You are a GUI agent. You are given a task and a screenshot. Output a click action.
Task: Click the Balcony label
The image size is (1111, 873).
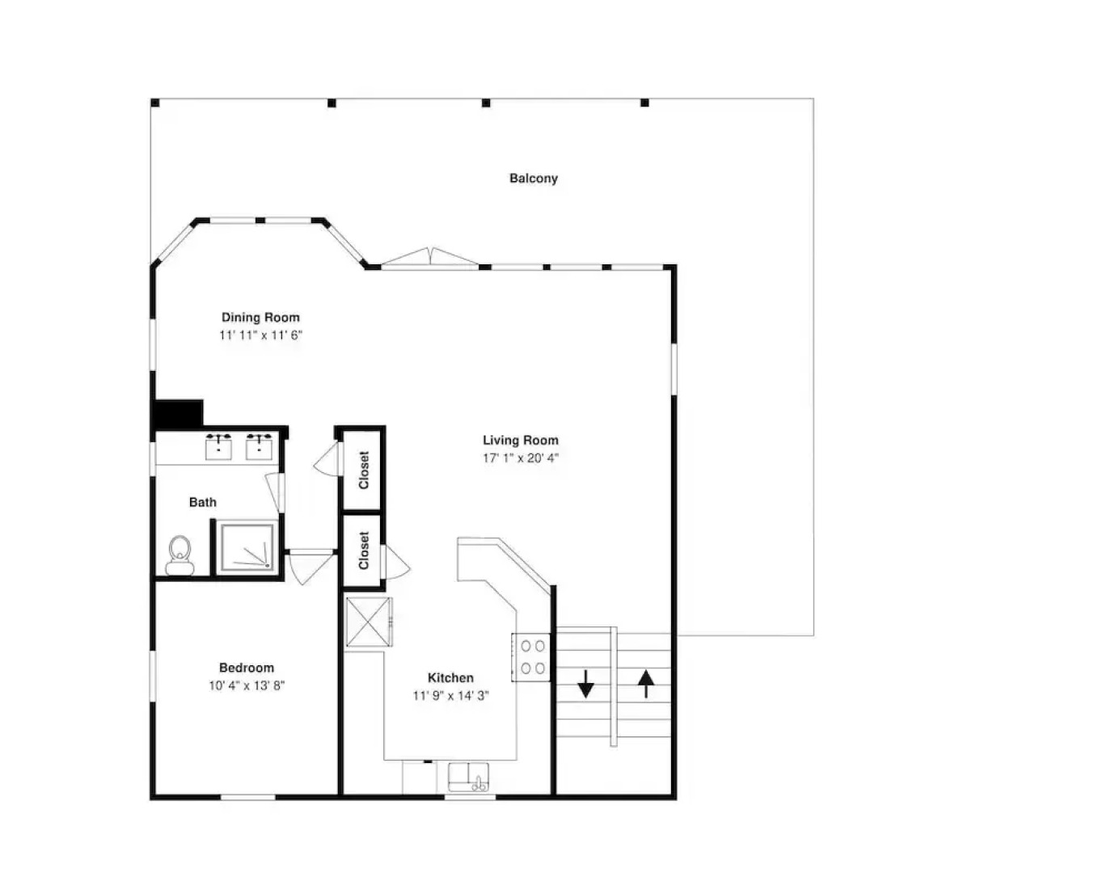533,179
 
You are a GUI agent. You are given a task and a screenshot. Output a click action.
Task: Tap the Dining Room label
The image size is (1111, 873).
260,318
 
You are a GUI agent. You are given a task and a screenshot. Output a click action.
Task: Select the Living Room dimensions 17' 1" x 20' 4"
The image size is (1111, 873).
521,458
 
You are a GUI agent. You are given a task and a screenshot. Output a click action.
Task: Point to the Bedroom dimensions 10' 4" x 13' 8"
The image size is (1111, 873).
247,685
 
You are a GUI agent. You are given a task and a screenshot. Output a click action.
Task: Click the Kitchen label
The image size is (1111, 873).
450,677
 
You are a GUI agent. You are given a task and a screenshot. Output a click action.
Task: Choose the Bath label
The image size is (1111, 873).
202,503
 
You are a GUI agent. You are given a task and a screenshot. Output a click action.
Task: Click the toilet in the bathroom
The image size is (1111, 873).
180,555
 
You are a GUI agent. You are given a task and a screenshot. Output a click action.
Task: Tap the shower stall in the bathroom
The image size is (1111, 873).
247,547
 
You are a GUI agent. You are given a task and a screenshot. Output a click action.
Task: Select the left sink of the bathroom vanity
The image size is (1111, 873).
218,447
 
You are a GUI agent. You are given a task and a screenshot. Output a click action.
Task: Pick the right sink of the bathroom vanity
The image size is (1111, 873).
260,447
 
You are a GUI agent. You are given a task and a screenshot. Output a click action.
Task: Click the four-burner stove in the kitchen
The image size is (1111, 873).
532,657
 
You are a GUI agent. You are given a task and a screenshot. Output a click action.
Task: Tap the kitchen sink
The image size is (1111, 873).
468,778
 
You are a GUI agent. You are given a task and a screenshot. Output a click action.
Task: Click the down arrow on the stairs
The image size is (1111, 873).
585,683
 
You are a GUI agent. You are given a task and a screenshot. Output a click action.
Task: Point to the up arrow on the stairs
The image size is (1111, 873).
646,684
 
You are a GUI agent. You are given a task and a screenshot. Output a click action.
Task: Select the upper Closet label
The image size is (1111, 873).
364,470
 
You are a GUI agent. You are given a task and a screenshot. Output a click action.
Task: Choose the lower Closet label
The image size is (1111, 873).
364,550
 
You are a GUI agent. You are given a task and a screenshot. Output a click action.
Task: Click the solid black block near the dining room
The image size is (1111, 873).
177,414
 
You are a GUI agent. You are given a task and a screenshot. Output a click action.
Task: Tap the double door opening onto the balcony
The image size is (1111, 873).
430,257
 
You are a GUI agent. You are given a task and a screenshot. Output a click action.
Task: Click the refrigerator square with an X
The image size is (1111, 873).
368,622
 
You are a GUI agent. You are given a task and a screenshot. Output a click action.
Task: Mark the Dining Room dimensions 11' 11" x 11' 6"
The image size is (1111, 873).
260,335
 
